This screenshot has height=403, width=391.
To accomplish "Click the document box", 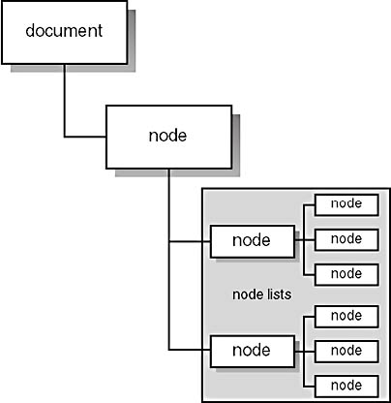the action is pyautogui.click(x=64, y=32).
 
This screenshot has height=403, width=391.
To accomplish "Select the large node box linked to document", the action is pyautogui.click(x=168, y=137).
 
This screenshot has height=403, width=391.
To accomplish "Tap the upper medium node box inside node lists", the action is pyautogui.click(x=253, y=241).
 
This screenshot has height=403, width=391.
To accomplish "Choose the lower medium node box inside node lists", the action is pyautogui.click(x=253, y=352).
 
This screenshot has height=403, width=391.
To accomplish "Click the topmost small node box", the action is pyautogui.click(x=346, y=204).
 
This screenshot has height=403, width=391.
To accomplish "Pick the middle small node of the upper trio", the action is pyautogui.click(x=346, y=240).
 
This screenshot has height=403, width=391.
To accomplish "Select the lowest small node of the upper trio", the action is pyautogui.click(x=346, y=275).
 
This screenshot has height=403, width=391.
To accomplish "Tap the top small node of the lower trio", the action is pyautogui.click(x=346, y=317).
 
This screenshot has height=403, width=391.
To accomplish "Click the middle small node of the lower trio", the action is pyautogui.click(x=346, y=352).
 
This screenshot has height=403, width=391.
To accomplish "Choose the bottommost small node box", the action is pyautogui.click(x=346, y=387).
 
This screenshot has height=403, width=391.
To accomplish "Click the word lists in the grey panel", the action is pyautogui.click(x=277, y=294).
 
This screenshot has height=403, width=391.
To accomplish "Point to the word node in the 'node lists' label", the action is pyautogui.click(x=246, y=294).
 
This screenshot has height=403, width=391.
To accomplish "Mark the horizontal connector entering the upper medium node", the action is pyautogui.click(x=190, y=241).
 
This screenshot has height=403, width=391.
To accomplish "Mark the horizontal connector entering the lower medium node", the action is pyautogui.click(x=190, y=350).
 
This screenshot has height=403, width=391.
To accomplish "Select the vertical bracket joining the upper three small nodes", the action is pyautogui.click(x=304, y=240).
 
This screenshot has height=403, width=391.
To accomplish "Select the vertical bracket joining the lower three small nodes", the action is pyautogui.click(x=304, y=352).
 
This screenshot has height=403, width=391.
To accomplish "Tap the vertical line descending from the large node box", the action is pyautogui.click(x=168, y=260).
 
